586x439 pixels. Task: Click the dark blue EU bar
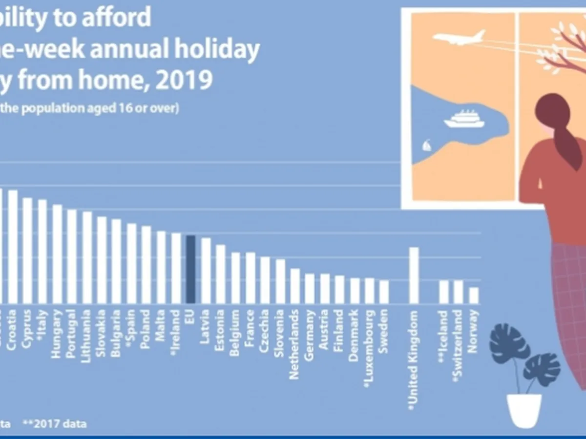191,269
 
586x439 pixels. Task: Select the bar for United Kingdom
414,275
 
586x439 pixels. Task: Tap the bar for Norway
473,295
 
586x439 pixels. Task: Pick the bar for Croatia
13,246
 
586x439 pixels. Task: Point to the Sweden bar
384,291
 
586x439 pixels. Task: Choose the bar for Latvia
206,270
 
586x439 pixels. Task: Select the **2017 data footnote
54,423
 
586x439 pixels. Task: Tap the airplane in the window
459,38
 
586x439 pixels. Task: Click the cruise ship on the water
464,119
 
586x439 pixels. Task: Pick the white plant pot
524,410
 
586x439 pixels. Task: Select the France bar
251,278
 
